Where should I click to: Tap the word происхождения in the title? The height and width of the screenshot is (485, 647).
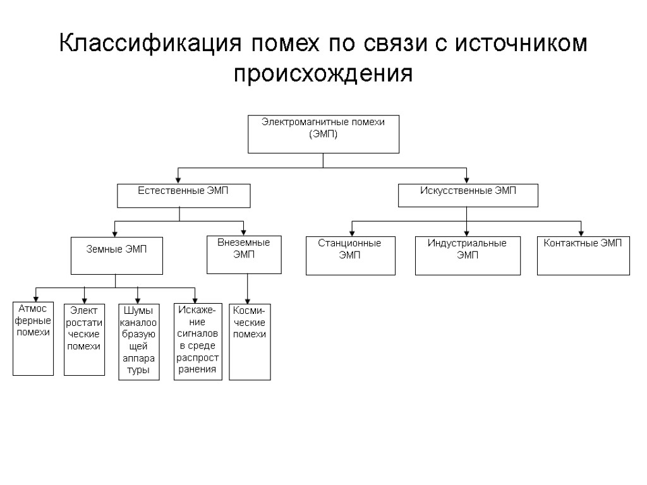tap(323, 74)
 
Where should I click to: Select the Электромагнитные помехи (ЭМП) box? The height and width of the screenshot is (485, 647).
tap(323, 134)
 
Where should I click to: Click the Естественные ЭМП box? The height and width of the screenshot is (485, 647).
tap(183, 196)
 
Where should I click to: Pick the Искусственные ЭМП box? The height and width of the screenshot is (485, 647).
tap(468, 196)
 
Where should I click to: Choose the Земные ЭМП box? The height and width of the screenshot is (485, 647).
tap(116, 256)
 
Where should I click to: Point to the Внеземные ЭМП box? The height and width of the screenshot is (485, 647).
tap(244, 254)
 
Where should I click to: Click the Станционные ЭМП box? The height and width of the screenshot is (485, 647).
tap(350, 256)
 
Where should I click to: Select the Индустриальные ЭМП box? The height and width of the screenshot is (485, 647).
tap(468, 256)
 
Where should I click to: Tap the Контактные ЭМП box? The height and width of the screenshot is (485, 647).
tap(583, 256)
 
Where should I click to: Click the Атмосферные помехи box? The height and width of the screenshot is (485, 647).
tap(33, 339)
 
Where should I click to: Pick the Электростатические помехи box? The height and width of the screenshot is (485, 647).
tap(84, 339)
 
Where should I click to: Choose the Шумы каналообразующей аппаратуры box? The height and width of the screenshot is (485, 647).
tap(138, 342)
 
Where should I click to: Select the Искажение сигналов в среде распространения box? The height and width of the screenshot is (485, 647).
tap(198, 342)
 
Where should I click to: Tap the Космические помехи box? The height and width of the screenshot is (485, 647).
tap(249, 342)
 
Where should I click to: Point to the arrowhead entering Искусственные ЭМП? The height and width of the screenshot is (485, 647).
tap(466, 181)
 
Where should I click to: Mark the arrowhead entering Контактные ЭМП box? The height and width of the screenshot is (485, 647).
tap(580, 234)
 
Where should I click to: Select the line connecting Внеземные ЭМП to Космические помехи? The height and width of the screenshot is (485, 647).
tap(247, 288)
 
